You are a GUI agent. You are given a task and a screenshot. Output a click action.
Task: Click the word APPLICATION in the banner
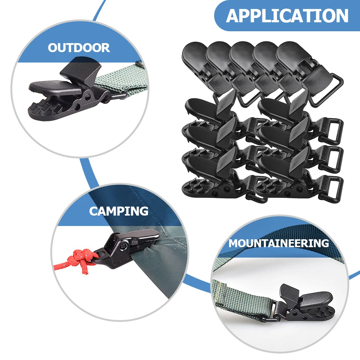[287, 16]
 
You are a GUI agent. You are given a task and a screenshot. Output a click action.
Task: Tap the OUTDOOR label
[79, 48]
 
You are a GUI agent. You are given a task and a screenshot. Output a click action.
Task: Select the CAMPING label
[119, 211]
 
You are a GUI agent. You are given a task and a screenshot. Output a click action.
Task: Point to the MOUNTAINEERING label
[278, 243]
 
